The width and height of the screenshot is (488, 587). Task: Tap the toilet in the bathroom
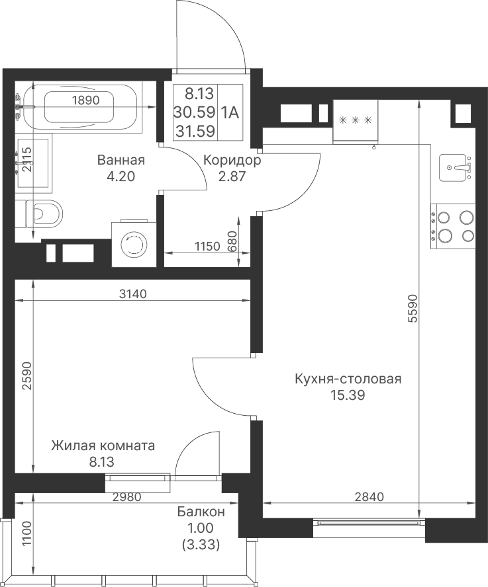pyautogui.click(x=39, y=214)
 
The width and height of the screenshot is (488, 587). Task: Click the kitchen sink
pyautogui.click(x=455, y=167)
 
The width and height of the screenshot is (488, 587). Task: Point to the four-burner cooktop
pyautogui.click(x=453, y=227)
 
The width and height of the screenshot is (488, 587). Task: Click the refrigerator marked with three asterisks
pyautogui.click(x=355, y=121)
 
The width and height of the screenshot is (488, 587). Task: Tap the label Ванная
pyautogui.click(x=121, y=160)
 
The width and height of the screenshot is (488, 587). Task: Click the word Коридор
pyautogui.click(x=232, y=160)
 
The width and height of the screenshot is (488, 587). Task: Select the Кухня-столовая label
pyautogui.click(x=348, y=379)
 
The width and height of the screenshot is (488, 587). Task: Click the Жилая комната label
pyautogui.click(x=103, y=446)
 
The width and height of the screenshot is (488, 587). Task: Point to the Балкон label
pyautogui.click(x=201, y=512)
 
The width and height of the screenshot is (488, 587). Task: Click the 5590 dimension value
pyautogui.click(x=413, y=309)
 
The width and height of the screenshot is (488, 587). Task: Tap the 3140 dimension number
pyautogui.click(x=133, y=294)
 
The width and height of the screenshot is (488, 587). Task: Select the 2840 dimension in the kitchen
pyautogui.click(x=369, y=497)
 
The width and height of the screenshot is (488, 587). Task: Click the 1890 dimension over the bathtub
pyautogui.click(x=85, y=100)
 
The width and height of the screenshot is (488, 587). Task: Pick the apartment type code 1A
pyautogui.click(x=230, y=112)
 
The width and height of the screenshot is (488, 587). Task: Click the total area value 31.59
pyautogui.click(x=195, y=131)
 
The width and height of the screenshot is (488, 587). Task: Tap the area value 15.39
pyautogui.click(x=348, y=395)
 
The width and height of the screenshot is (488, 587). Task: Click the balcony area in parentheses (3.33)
pyautogui.click(x=201, y=545)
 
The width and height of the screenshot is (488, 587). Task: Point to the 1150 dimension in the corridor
pyautogui.click(x=207, y=247)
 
